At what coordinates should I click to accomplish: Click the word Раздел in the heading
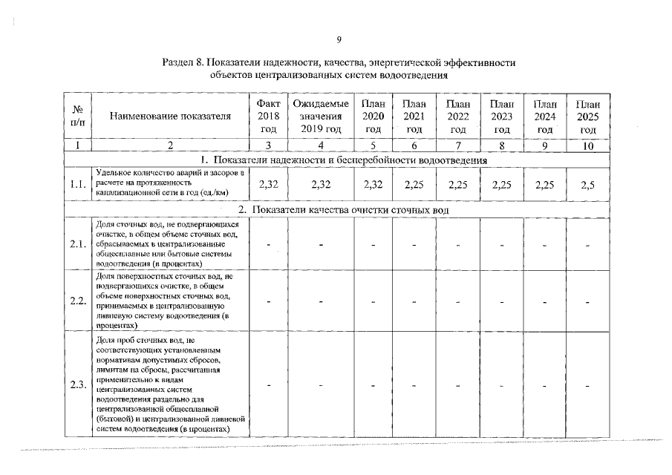tap(179, 63)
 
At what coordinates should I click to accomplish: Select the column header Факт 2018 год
tap(268, 116)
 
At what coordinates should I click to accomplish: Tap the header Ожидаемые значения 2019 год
tap(321, 116)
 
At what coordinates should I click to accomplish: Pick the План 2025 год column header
tap(588, 116)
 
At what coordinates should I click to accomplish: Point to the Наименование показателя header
tap(170, 116)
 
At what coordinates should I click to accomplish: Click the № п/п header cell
tap(77, 116)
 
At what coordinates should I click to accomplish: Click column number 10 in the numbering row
tap(588, 146)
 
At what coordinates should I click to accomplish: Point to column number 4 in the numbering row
tap(321, 146)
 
